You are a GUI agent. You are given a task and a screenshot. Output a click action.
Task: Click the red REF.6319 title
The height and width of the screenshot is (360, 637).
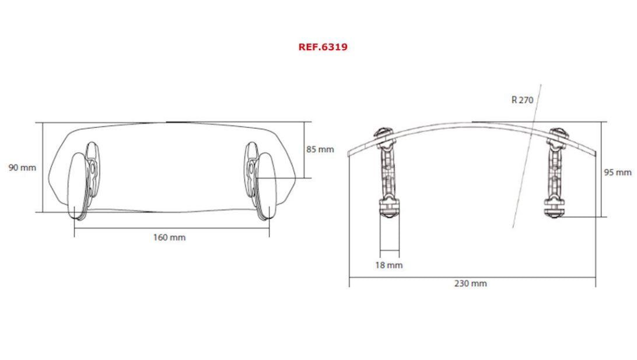coord(323,47)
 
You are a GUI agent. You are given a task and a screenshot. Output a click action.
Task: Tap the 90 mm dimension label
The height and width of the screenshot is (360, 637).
coord(22,167)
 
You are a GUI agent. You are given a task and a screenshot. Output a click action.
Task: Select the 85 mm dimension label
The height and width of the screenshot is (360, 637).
coord(320,149)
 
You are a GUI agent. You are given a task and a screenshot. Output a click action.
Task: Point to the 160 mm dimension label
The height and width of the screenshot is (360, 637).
coord(170,237)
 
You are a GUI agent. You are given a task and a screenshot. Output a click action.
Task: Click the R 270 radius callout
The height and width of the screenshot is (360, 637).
coord(522,100)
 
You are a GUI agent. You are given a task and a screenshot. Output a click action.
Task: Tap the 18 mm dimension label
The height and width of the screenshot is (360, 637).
coord(388,265)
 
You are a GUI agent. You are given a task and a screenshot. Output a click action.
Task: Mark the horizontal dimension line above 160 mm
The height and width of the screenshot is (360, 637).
coord(171,228)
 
